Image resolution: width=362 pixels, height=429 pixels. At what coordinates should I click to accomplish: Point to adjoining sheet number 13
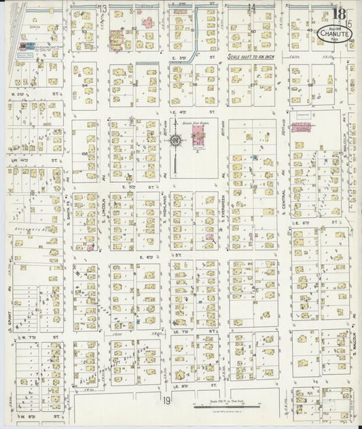[103, 8]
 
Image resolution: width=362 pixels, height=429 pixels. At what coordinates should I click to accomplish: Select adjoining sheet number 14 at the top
[251, 8]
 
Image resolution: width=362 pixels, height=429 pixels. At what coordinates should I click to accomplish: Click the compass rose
[175, 141]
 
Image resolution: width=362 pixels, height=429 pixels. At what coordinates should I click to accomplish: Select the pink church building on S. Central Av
[302, 127]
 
